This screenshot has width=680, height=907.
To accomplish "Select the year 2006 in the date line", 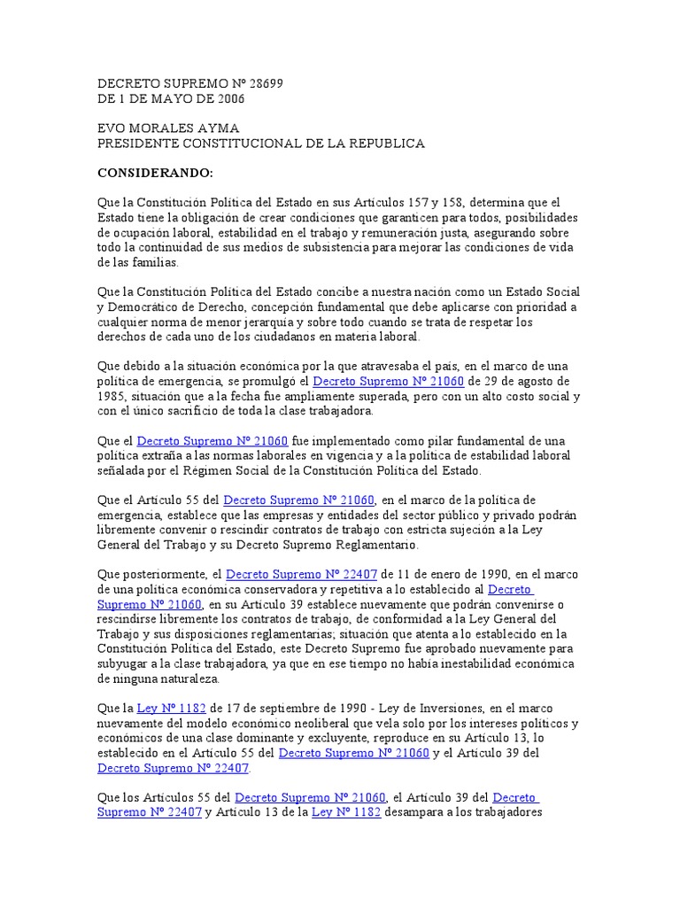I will (226, 98).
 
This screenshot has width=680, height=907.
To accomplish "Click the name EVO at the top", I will (112, 128).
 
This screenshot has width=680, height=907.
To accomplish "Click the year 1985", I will (112, 396).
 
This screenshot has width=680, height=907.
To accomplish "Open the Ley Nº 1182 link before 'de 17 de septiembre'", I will (171, 709).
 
